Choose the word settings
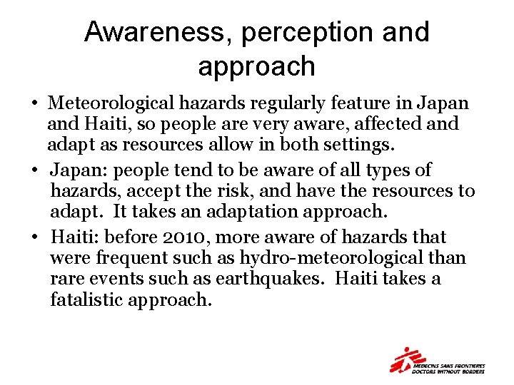[x=354, y=145]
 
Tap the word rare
[x=65, y=279]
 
